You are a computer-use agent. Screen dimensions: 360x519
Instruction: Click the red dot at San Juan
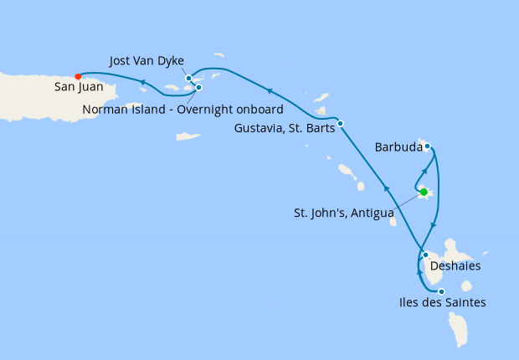coord(78,75)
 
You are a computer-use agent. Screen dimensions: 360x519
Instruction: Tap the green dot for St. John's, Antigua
coord(424,192)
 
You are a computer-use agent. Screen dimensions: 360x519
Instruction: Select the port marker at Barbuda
coord(427,147)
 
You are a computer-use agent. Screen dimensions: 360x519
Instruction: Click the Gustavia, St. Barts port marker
coord(340,124)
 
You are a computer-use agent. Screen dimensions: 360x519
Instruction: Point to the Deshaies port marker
coord(425,255)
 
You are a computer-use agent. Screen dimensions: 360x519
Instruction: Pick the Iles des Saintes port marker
coord(441,291)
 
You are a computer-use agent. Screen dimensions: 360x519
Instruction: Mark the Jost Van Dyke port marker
coord(189,79)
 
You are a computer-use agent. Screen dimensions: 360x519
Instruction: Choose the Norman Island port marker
coord(198,87)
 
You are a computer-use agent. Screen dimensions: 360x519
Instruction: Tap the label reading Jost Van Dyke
coord(147,61)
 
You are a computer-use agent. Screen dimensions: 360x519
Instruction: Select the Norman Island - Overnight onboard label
coord(182,110)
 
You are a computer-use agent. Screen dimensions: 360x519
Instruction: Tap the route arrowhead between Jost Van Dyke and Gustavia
coord(270,90)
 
